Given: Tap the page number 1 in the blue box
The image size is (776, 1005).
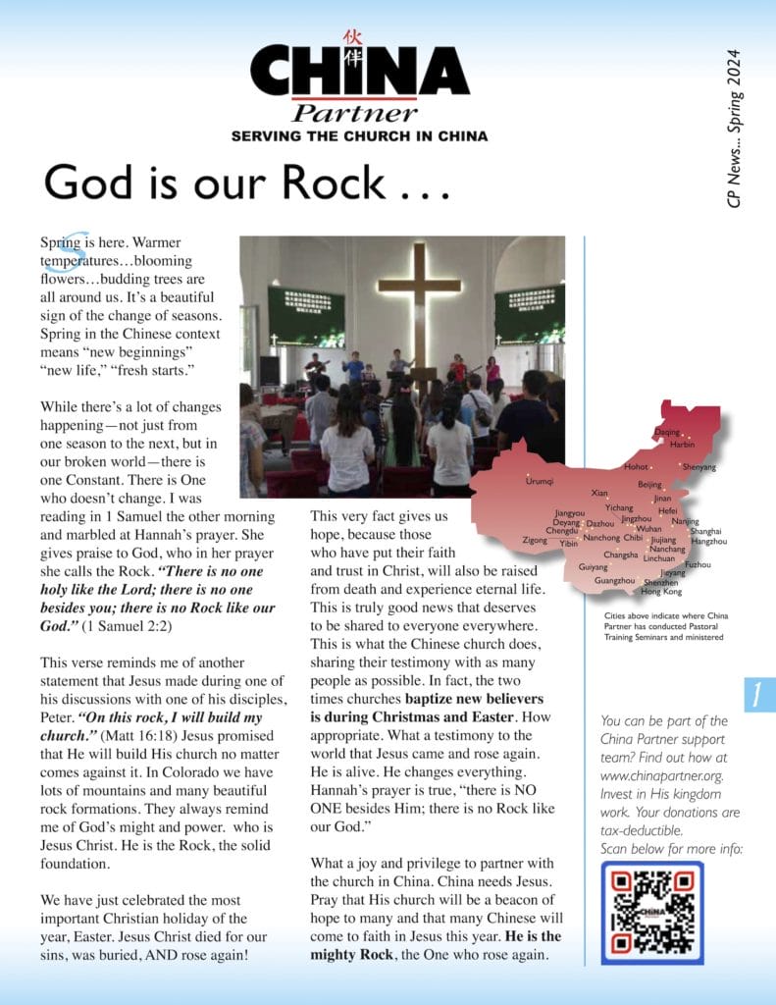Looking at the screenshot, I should (x=759, y=695).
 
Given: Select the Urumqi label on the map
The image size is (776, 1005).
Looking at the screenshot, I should (x=540, y=481).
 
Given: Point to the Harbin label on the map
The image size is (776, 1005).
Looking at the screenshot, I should (x=682, y=445).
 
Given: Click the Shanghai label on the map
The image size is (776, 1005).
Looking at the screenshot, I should (x=705, y=531).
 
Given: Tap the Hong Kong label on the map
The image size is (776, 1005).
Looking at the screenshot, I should (x=660, y=592).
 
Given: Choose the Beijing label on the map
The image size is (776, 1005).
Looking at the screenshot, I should (x=649, y=485).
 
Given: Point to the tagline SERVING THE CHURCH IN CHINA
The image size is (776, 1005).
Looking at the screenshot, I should (x=359, y=136).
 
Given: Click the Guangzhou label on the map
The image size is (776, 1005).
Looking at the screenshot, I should (x=614, y=581).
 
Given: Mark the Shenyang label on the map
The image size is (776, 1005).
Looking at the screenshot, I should (x=699, y=467).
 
